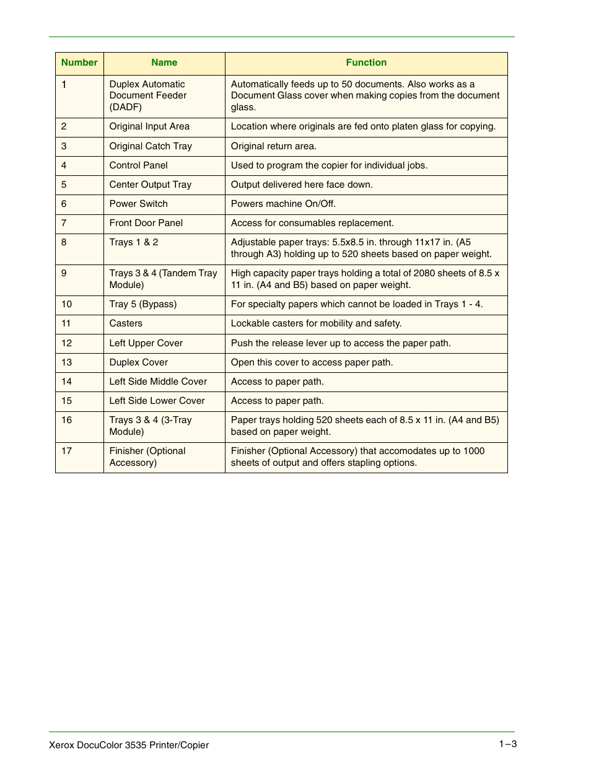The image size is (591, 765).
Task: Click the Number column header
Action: (x=79, y=63)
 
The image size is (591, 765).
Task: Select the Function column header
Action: (x=366, y=63)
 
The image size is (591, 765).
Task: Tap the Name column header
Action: (x=164, y=63)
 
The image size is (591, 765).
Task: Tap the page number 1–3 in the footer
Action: (x=508, y=744)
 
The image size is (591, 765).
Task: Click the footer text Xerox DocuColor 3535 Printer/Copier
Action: (x=129, y=745)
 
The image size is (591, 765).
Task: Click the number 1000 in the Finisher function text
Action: (x=474, y=451)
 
